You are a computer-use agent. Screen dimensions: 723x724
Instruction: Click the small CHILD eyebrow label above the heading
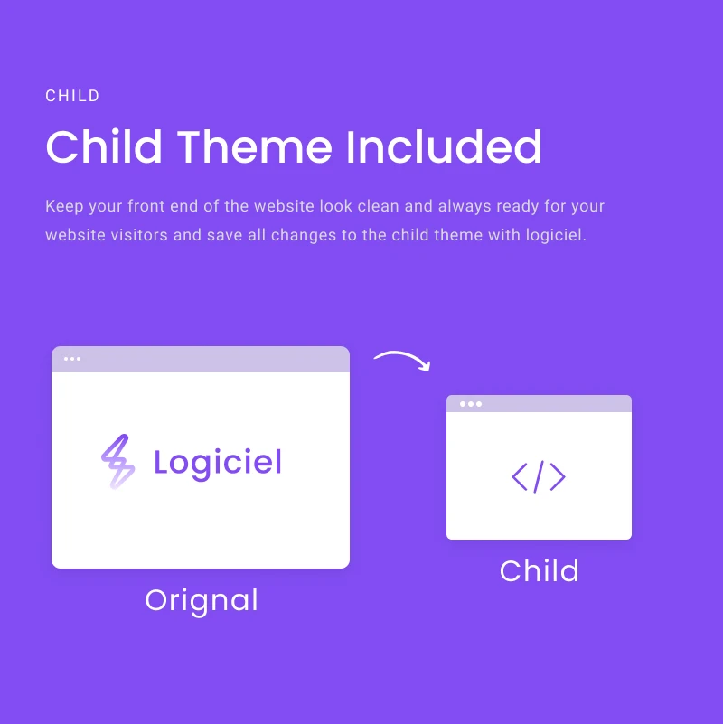72,96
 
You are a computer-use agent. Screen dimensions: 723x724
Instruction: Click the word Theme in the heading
254,146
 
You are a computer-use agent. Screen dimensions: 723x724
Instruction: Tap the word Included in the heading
444,146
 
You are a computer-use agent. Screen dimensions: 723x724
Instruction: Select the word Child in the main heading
104,146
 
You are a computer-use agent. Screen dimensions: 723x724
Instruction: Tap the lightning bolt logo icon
118,461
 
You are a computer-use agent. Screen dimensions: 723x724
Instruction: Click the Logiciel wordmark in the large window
218,463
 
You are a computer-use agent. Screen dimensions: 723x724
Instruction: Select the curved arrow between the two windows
402,355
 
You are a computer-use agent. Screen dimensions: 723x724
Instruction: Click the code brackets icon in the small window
539,476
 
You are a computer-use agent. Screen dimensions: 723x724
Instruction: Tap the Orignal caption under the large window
202,601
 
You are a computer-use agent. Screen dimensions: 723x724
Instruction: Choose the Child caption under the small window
539,570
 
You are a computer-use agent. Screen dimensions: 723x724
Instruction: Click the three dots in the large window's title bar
72,359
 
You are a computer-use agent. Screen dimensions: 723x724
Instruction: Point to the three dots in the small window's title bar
471,404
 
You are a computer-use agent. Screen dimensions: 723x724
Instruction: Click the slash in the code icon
539,476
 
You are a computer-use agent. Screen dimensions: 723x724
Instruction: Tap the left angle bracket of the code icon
519,477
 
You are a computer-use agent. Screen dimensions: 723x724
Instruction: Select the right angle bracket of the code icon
559,477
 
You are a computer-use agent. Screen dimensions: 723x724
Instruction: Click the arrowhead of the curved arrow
426,367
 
